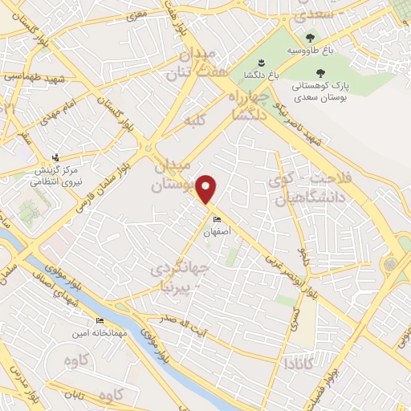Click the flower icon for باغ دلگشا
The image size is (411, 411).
(260, 62)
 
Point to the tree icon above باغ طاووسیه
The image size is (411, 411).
(309, 37)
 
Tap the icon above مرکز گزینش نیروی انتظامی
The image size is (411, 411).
(55, 158)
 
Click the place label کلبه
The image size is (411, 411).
(193, 124)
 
